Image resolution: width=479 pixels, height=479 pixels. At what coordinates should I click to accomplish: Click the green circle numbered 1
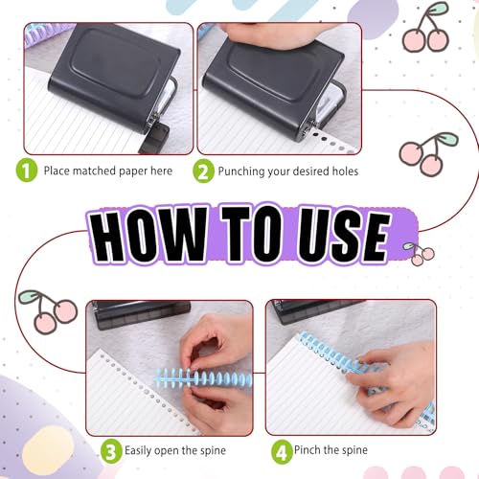tap(27, 171)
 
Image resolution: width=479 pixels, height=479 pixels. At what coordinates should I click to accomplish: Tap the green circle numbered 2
tap(203, 171)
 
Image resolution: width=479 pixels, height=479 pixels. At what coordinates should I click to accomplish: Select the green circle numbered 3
tap(111, 451)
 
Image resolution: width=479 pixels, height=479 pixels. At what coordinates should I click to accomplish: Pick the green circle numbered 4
tap(282, 451)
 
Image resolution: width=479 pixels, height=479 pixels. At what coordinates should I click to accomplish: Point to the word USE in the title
tap(343, 236)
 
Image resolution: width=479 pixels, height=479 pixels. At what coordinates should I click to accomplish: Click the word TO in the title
tap(252, 235)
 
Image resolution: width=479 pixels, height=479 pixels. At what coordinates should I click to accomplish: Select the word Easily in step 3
tap(138, 451)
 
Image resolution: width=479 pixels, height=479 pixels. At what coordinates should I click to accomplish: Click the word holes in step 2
tap(345, 171)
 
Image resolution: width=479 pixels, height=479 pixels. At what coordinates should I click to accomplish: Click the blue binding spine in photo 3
tap(204, 379)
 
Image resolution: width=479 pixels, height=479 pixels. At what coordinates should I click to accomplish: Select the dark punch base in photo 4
tap(318, 310)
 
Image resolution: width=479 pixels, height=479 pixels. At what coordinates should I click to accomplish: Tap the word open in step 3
tap(167, 451)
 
